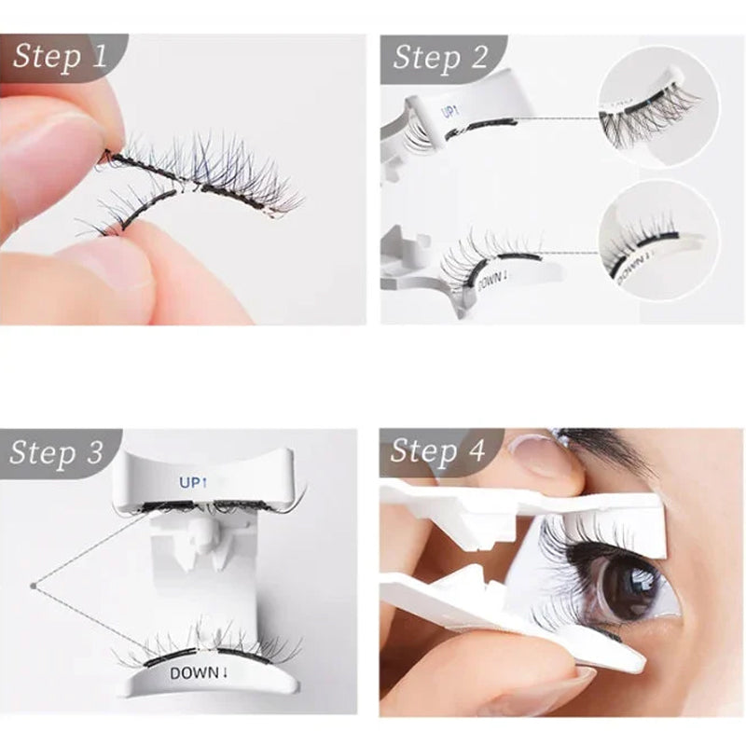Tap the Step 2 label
point(440,57)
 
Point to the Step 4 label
point(438,451)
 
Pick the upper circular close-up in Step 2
point(657,109)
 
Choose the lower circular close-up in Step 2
point(658,241)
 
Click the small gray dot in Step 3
point(33,586)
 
